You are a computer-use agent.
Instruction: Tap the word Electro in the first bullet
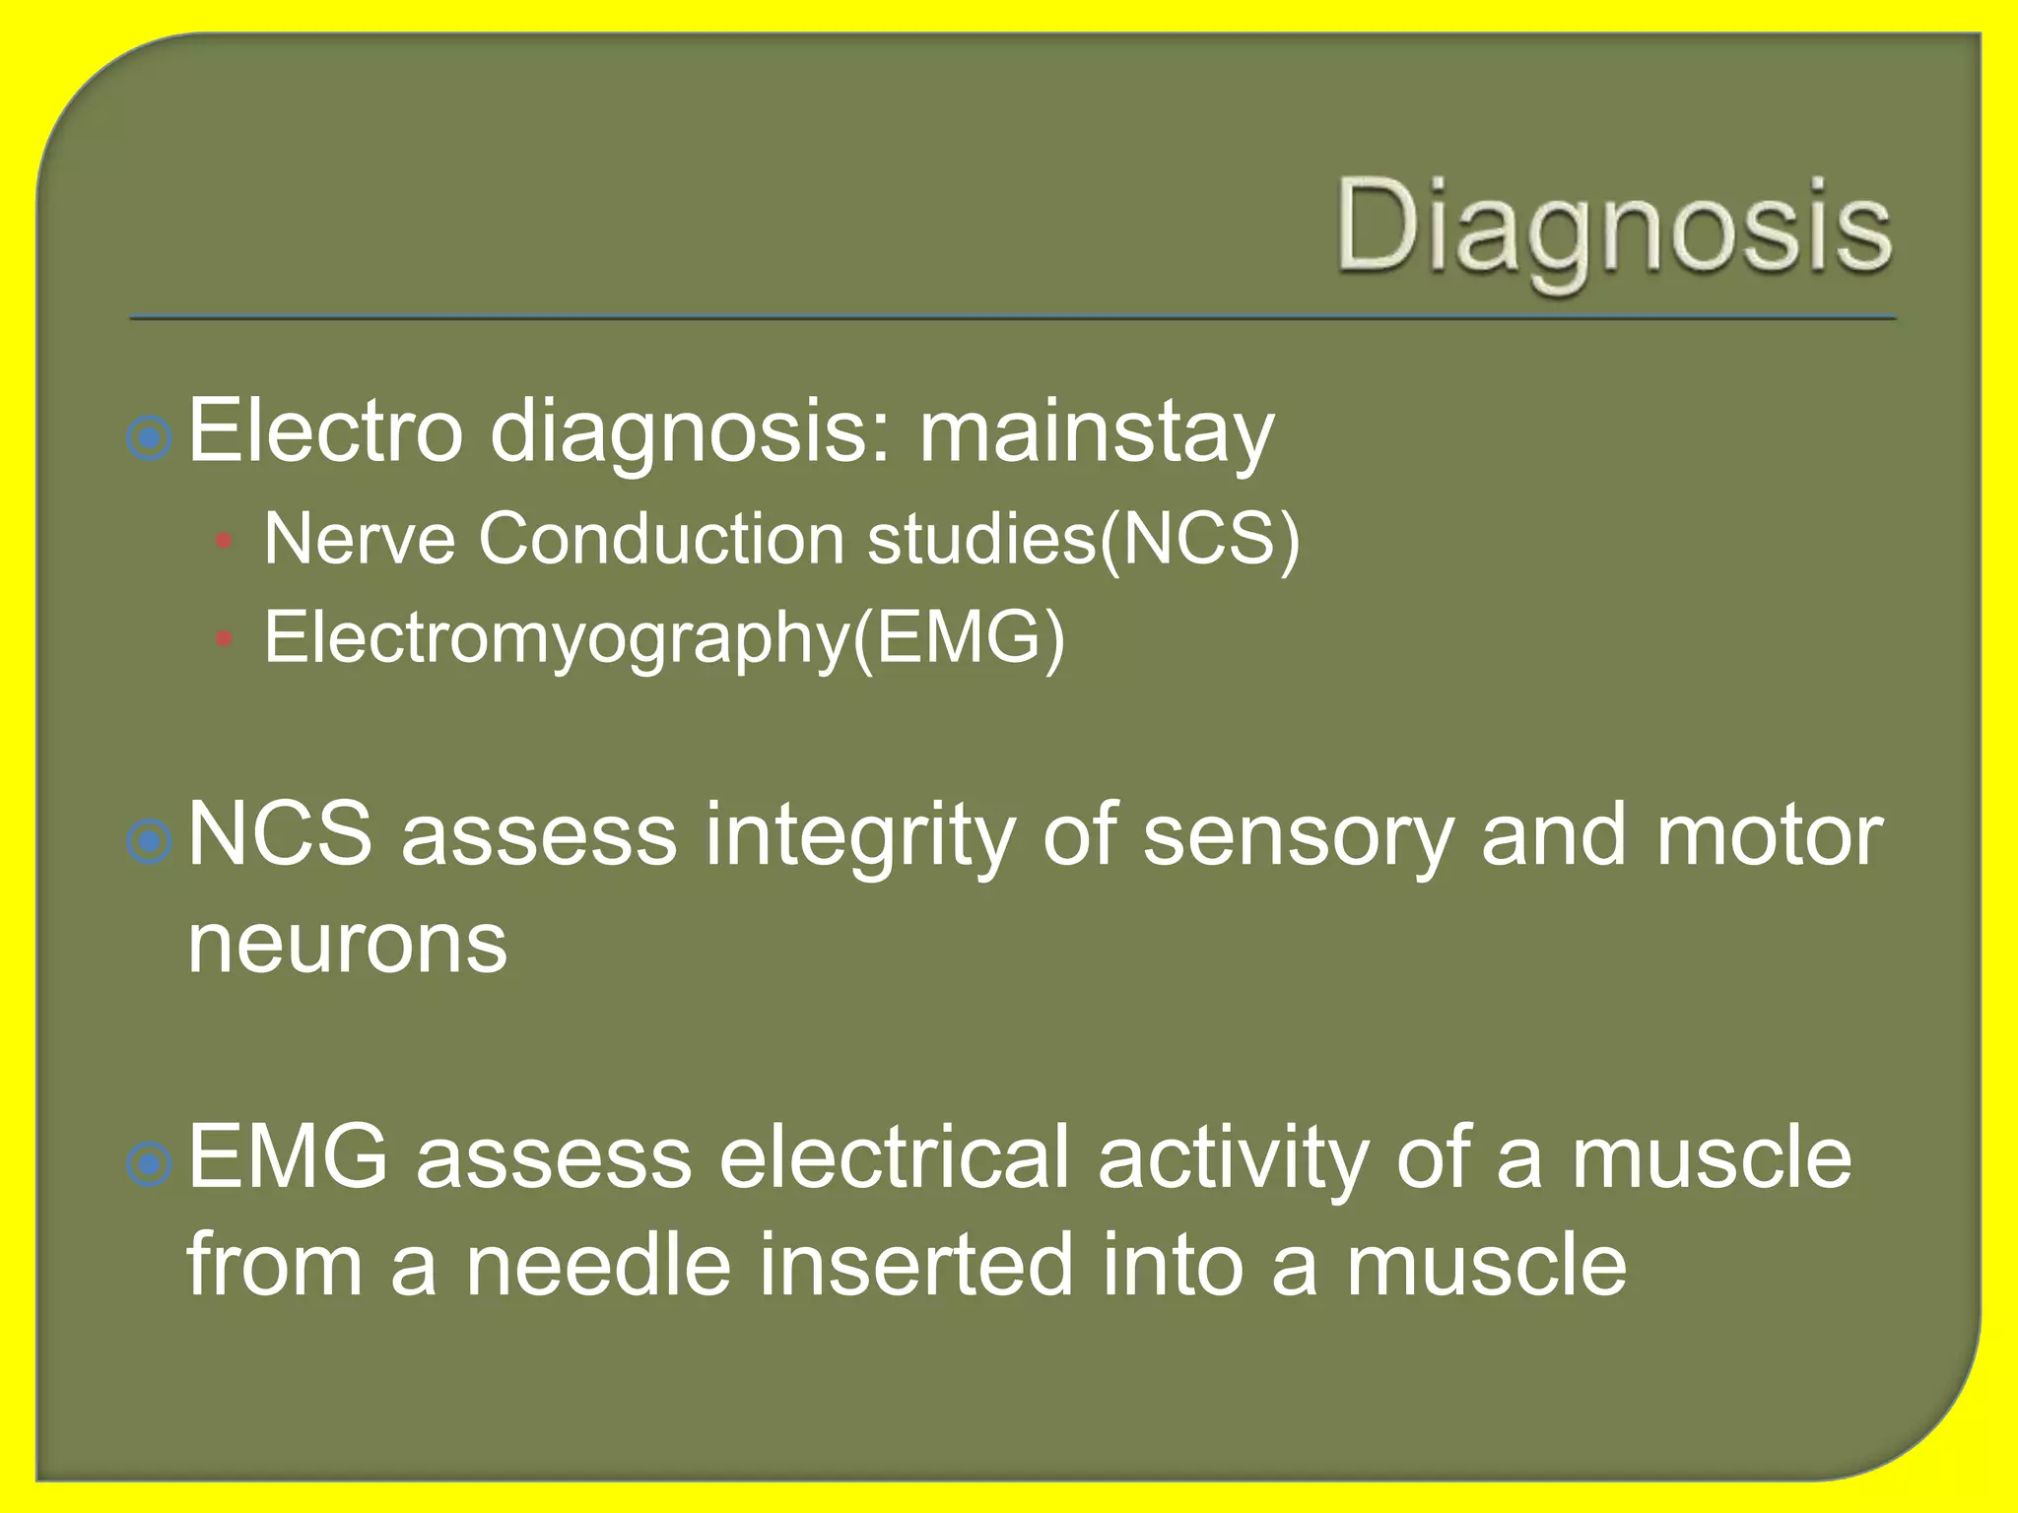click(325, 429)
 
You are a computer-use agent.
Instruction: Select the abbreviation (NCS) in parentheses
click(1200, 539)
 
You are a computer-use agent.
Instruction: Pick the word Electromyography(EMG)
click(664, 638)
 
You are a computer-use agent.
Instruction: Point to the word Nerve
click(359, 539)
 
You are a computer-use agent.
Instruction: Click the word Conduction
click(661, 539)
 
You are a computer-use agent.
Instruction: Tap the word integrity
click(858, 836)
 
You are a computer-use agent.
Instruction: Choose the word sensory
click(1298, 836)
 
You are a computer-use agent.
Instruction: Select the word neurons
click(347, 943)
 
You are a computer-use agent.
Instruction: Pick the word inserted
click(915, 1265)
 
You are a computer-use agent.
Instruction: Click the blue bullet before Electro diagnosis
click(150, 437)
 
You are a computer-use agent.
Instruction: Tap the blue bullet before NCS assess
click(150, 841)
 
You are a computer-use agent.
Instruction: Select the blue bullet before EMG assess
click(150, 1164)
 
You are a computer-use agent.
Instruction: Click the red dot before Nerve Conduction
click(224, 541)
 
